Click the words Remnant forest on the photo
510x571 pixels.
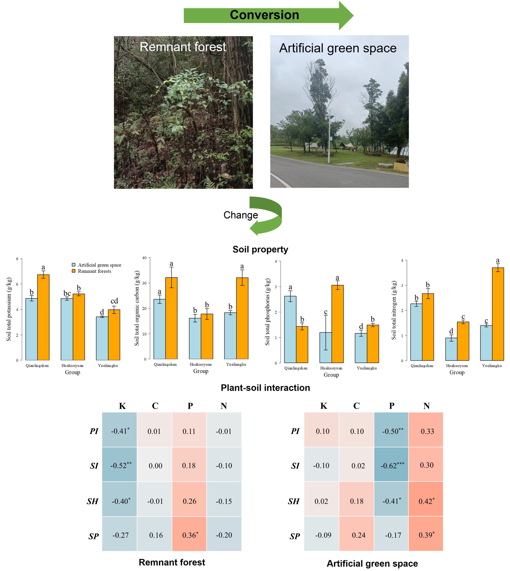point(183,47)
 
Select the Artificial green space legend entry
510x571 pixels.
point(99,265)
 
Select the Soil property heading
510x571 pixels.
point(260,249)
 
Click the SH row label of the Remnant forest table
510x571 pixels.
point(92,501)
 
